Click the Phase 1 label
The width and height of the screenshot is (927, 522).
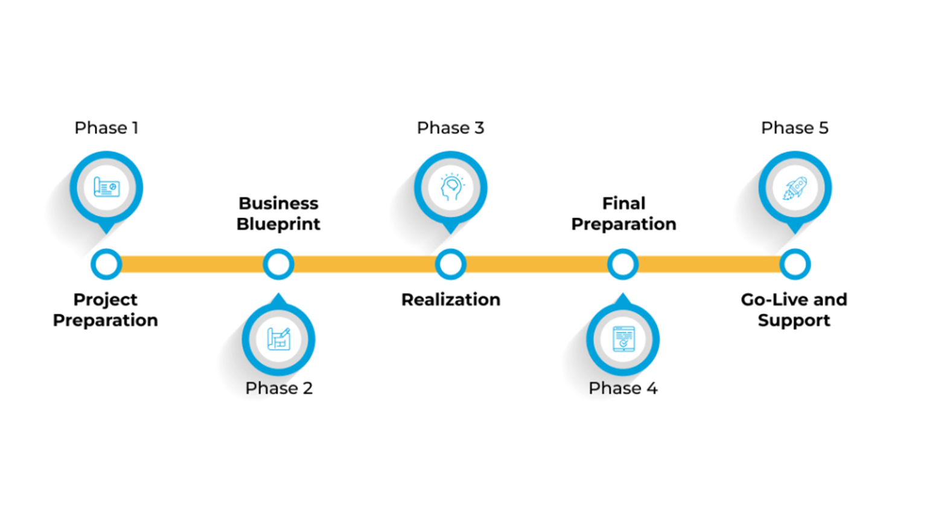click(106, 128)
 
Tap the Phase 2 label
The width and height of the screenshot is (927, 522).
click(279, 388)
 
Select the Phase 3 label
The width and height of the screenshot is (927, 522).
click(450, 128)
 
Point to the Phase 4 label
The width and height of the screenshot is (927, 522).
click(623, 388)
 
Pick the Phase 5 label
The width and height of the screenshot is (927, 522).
click(794, 128)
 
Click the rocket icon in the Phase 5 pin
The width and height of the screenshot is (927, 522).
click(795, 188)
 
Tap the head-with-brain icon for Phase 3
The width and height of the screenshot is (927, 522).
click(451, 187)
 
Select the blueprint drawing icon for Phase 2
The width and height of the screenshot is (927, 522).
click(279, 339)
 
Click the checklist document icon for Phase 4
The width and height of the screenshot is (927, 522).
click(623, 339)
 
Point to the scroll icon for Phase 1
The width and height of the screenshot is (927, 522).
click(106, 187)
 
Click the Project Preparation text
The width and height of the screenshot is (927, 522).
click(106, 310)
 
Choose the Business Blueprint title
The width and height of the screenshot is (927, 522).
click(278, 214)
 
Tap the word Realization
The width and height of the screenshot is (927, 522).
click(451, 300)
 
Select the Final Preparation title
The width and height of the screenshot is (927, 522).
click(623, 214)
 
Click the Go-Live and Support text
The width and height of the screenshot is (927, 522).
click(794, 310)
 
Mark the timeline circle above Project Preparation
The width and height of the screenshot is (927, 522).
click(106, 265)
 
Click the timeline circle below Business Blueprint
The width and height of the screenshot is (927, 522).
click(278, 265)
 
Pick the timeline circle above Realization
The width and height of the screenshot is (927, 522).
click(451, 265)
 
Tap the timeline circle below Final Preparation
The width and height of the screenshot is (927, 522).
click(623, 265)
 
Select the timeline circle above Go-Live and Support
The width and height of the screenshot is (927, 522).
click(795, 265)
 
